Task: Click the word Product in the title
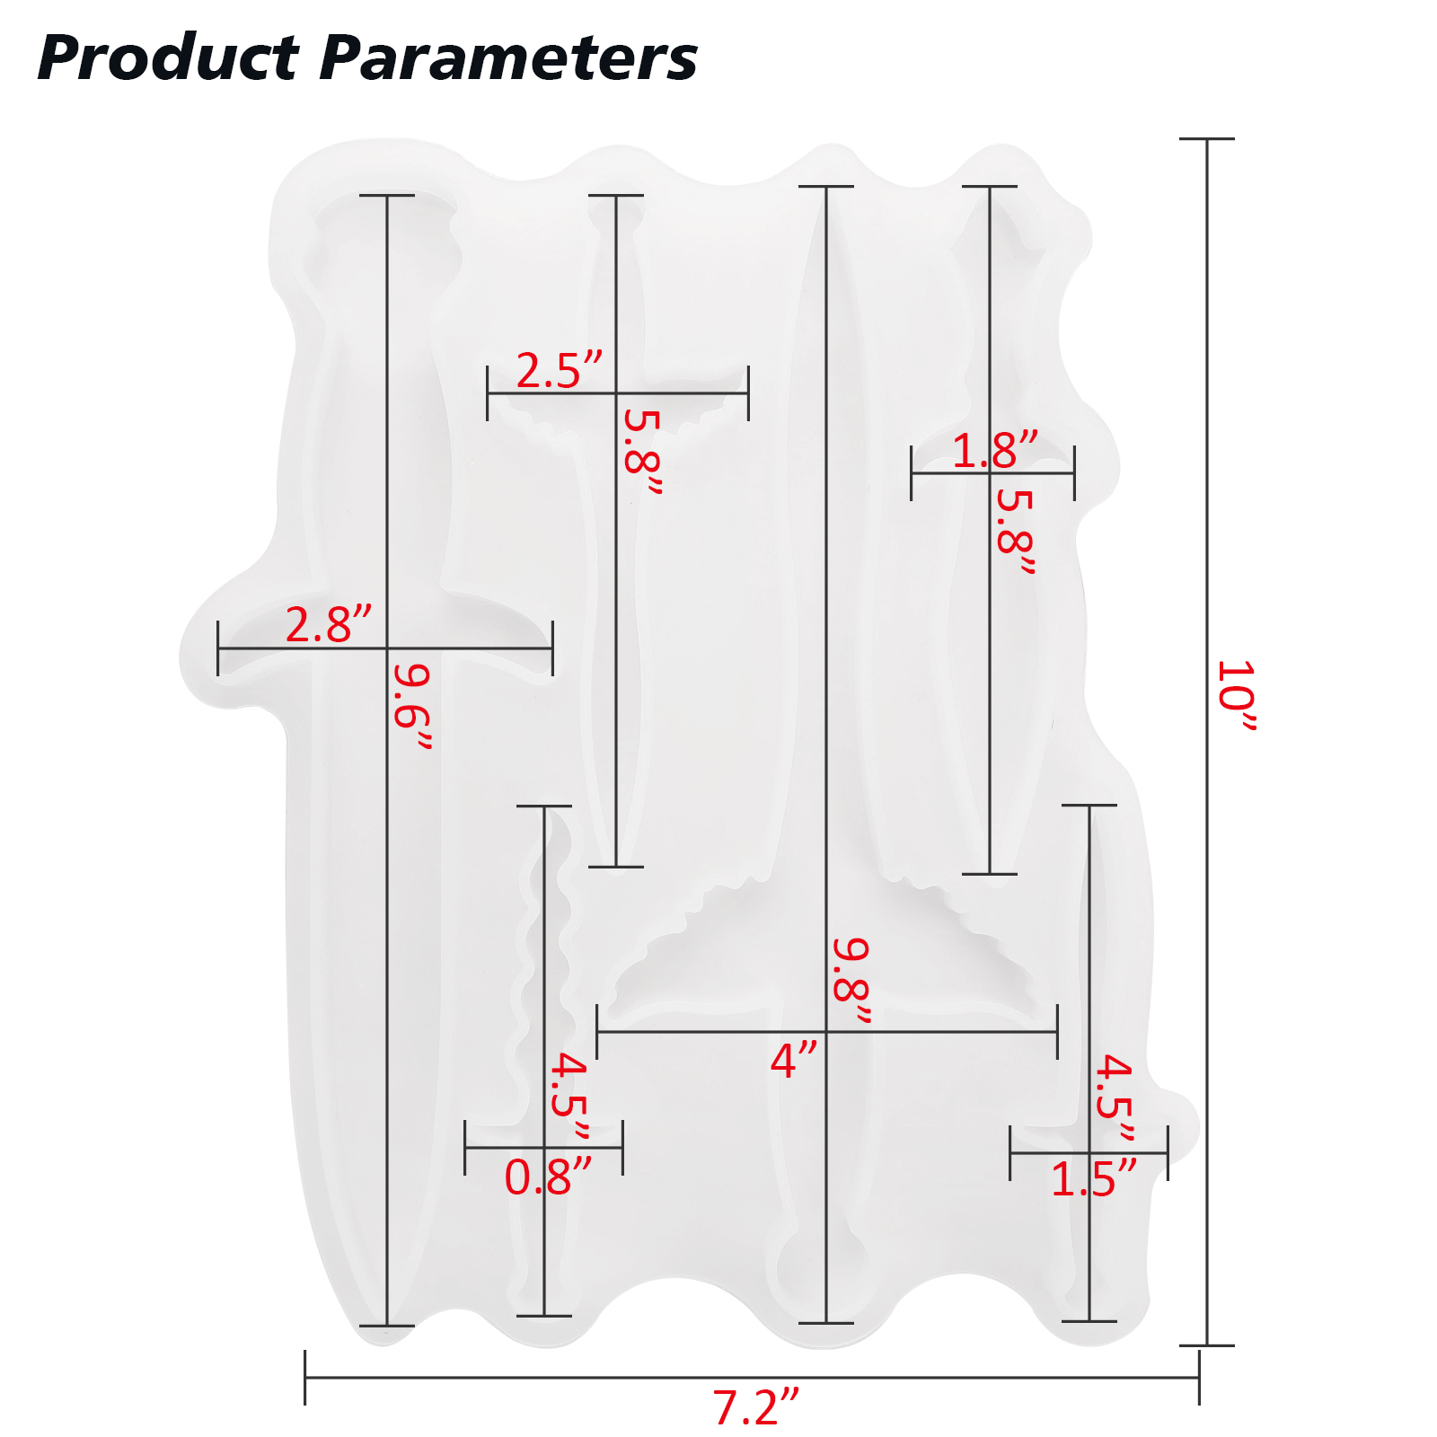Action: (x=168, y=58)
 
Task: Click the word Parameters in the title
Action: (x=508, y=58)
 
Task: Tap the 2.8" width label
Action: (x=329, y=625)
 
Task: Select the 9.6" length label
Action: (x=414, y=706)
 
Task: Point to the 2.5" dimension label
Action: (x=560, y=371)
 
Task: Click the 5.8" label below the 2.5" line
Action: (x=643, y=452)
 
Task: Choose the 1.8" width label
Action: (x=995, y=451)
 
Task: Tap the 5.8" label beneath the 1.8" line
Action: (x=1016, y=532)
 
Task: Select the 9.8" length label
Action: (x=851, y=981)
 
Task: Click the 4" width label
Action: (x=795, y=1061)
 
